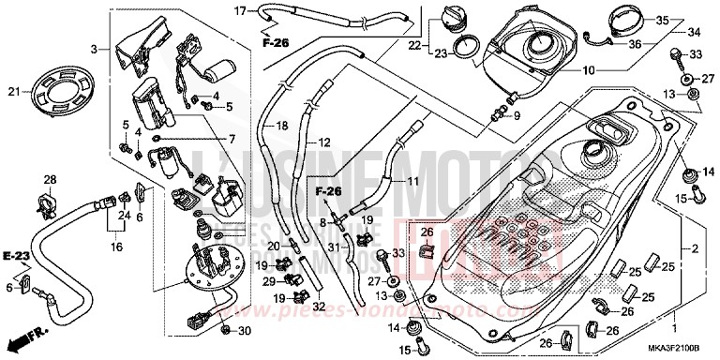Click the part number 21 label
(14, 91)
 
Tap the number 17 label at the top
(240, 10)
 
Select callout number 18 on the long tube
(279, 126)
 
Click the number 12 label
(324, 143)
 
